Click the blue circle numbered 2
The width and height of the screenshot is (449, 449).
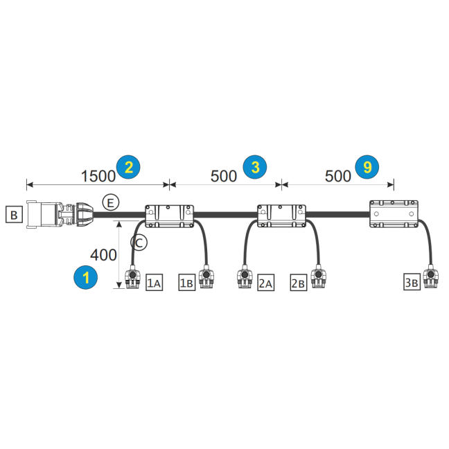(128, 167)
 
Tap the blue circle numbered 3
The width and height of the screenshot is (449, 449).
(255, 167)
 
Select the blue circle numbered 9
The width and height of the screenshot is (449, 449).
(367, 167)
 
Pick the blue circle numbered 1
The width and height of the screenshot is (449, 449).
(86, 277)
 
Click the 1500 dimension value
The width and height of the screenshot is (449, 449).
(98, 176)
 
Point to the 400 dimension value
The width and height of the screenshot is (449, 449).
(103, 255)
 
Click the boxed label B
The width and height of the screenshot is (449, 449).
(14, 215)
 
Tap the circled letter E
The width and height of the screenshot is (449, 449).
(111, 203)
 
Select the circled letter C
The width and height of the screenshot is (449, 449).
(139, 243)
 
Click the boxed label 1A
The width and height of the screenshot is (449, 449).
(154, 283)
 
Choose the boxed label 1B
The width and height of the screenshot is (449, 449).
(187, 283)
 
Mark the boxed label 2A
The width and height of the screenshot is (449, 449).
(266, 283)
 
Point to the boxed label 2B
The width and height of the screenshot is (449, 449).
(299, 283)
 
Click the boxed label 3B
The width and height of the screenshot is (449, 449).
(412, 282)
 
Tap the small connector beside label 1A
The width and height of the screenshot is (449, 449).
(132, 277)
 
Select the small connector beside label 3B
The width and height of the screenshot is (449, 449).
(430, 276)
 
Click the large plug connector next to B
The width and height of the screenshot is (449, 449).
(60, 215)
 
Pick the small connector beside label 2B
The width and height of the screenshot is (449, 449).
(318, 276)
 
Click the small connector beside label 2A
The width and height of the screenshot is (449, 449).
(245, 276)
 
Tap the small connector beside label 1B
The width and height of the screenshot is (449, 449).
(206, 276)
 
